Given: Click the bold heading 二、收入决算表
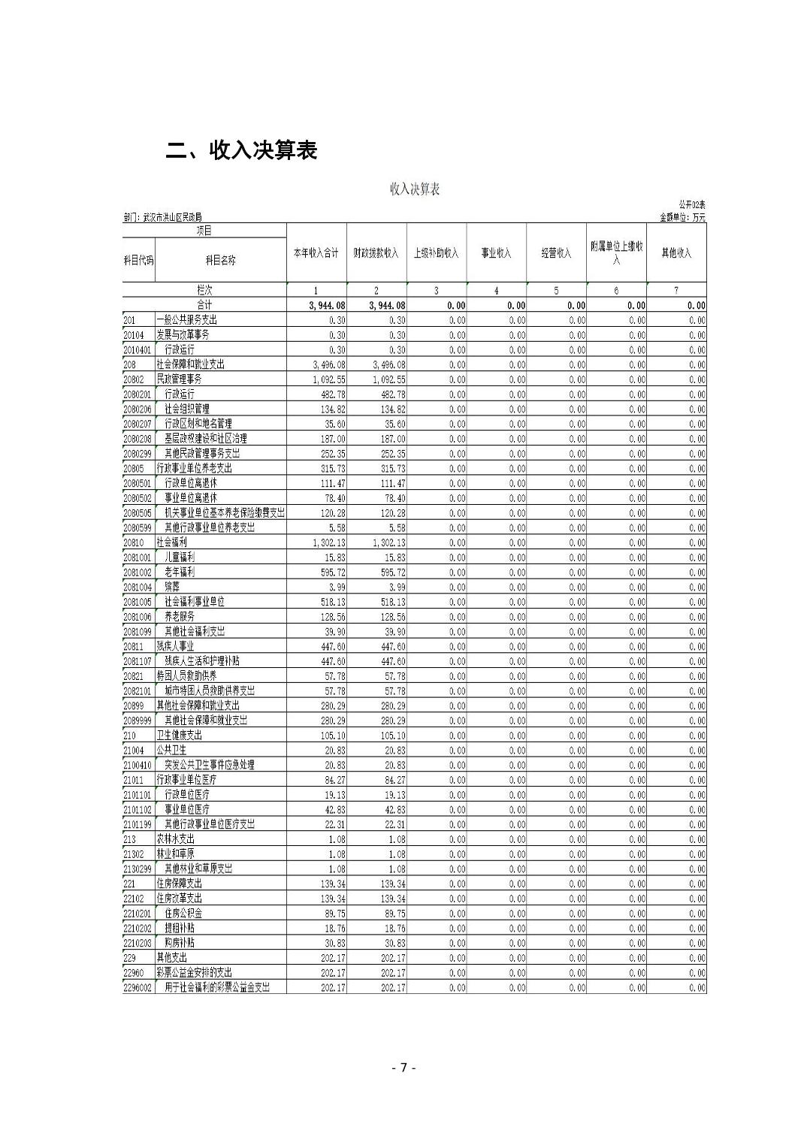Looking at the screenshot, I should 241,150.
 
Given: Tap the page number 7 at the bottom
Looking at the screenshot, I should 403,1068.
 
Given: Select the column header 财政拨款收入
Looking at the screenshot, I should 376,253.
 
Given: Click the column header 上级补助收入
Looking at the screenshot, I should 436,253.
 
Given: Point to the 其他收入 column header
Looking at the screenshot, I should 676,253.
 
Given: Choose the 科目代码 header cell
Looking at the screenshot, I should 138,260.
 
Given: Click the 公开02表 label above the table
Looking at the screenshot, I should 691,204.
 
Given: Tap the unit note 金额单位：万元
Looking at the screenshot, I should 682,217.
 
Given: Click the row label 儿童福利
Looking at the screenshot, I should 180,557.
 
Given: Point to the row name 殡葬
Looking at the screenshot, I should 172,587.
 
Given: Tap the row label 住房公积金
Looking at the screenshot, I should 183,913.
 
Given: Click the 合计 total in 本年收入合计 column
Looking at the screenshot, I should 327,306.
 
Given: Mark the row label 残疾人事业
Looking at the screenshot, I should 175,646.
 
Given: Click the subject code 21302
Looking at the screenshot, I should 134,853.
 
